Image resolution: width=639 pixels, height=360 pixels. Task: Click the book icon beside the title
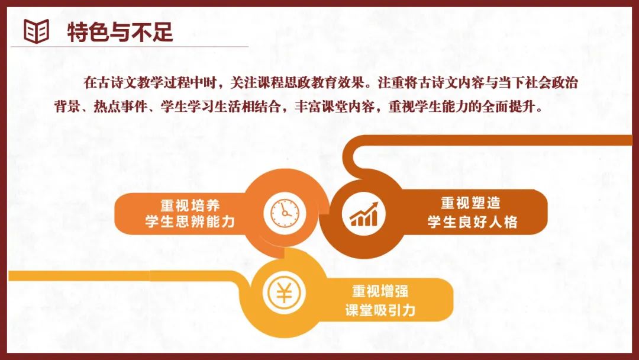[36, 31]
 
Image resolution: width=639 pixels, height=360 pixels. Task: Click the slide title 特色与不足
[120, 32]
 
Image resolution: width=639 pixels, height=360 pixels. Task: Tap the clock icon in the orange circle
[285, 213]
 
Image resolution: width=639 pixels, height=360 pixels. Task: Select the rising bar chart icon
[363, 214]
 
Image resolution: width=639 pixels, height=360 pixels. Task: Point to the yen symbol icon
[284, 292]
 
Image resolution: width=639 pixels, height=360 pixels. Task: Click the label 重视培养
[190, 205]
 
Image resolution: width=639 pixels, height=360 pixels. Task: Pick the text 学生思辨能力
[190, 221]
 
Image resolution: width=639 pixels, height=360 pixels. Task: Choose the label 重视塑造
[471, 203]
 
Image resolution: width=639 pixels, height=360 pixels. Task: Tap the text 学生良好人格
[472, 222]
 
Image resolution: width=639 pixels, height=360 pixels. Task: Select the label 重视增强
[380, 291]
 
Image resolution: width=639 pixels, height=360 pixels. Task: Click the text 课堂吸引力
[380, 310]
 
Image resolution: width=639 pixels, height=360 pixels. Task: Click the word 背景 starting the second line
[67, 107]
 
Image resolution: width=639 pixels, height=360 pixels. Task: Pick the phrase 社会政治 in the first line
[551, 83]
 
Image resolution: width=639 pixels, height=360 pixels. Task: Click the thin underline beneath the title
[130, 47]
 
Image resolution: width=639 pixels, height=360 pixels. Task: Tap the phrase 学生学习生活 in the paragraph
[201, 107]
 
